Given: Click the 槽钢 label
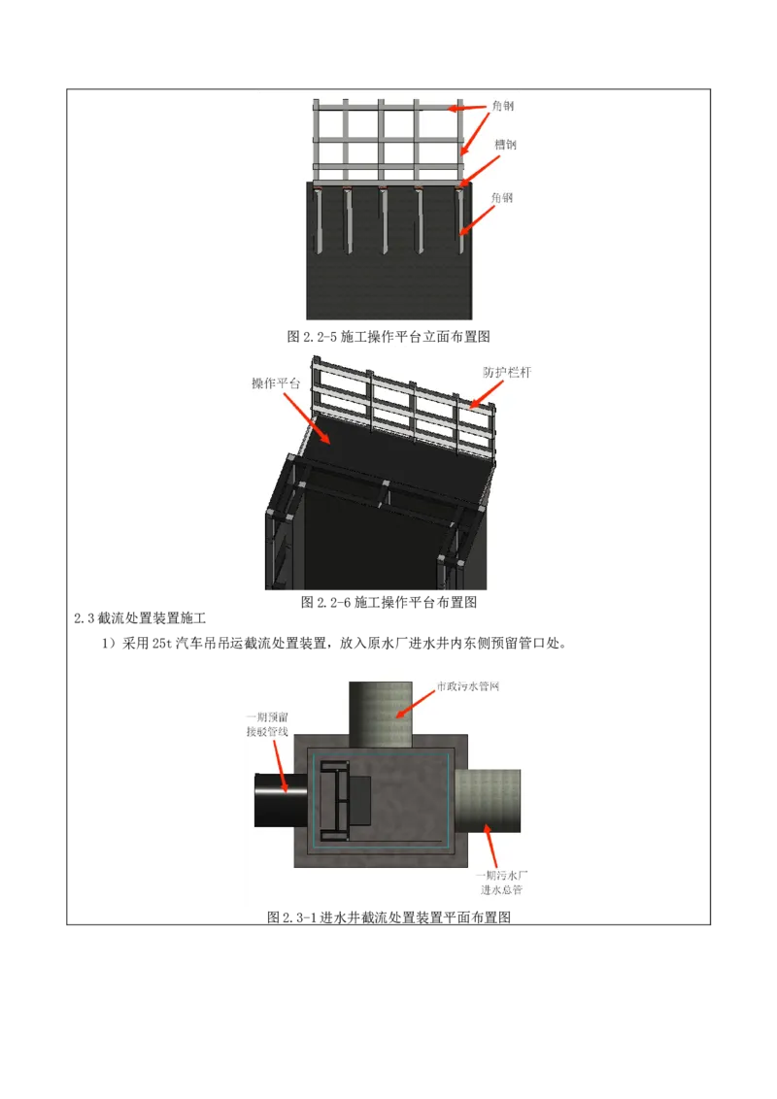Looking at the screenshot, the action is (505, 145).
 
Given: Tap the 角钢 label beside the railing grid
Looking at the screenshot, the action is (503, 106).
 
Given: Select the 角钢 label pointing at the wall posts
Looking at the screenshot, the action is (501, 198).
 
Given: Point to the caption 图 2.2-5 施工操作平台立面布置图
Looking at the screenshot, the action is (388, 337).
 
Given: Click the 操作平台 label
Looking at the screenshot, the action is (276, 383).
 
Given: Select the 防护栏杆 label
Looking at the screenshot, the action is (507, 372).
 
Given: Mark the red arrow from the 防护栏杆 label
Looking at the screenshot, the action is (486, 394).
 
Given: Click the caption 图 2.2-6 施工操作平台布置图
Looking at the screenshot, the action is (389, 602).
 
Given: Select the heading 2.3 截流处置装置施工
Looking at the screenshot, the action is (140, 618).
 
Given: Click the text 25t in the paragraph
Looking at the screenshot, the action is (162, 644).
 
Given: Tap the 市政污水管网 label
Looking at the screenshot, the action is (468, 686).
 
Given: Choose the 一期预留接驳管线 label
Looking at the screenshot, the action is (267, 724).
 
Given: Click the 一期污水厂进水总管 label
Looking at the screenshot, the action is (501, 883).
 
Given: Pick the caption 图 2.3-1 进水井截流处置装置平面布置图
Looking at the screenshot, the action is (389, 916).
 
